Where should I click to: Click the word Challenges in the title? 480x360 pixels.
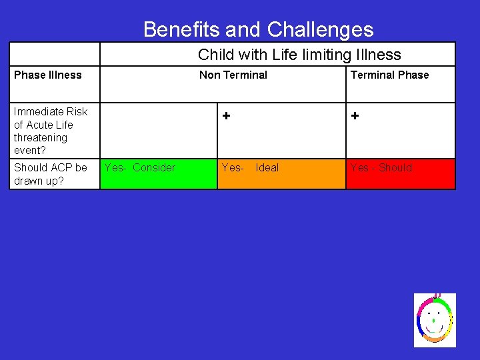[x=320, y=29]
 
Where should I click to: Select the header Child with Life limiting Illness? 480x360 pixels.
[x=299, y=55]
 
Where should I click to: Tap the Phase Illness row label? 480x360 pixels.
[x=47, y=75]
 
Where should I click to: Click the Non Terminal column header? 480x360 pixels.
[x=233, y=75]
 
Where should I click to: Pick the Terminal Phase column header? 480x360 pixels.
[x=389, y=75]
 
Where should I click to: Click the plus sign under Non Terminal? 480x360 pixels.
[x=227, y=116]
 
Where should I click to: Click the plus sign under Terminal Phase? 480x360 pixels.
[x=355, y=116]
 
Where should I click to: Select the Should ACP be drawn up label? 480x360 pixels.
[x=50, y=174]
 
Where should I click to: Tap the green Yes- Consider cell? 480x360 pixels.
[x=158, y=174]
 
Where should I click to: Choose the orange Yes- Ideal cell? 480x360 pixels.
[x=281, y=174]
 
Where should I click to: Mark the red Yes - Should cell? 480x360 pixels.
[x=400, y=174]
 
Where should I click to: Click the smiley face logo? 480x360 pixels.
[x=434, y=320]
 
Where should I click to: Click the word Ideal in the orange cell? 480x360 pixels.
[x=267, y=167]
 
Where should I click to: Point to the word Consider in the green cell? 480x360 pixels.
[x=154, y=167]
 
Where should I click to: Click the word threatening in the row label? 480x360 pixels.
[x=41, y=137]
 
